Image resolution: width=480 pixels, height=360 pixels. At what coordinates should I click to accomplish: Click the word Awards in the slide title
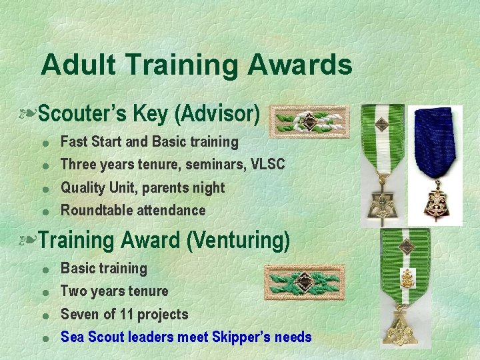[x=299, y=65]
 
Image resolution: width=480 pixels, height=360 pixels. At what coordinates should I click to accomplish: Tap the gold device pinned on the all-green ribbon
[x=405, y=277]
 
